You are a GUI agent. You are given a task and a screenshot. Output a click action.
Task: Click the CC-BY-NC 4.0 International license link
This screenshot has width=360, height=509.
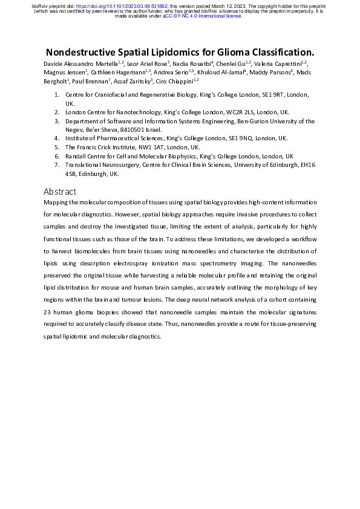(x=203, y=16)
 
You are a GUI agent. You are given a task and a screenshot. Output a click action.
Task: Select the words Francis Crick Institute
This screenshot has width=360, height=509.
(x=106, y=147)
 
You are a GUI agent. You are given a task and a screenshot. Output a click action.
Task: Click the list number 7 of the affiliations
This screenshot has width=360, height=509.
(x=56, y=164)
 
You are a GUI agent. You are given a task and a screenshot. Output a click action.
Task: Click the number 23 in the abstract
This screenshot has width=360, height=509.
(x=49, y=313)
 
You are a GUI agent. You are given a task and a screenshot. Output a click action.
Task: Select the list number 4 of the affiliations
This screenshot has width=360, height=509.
(x=56, y=138)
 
